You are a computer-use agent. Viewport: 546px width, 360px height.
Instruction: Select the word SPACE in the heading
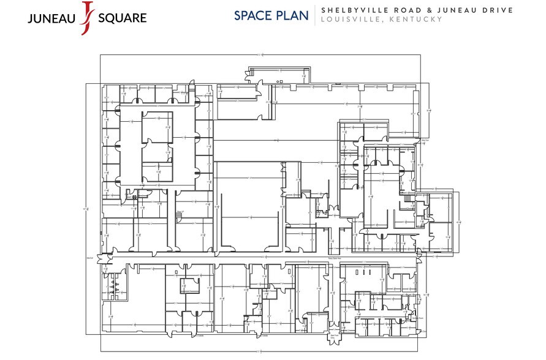click(x=253, y=15)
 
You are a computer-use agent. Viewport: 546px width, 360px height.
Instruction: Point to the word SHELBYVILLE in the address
click(x=353, y=10)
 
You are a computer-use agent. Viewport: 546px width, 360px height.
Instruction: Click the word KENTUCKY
click(x=415, y=20)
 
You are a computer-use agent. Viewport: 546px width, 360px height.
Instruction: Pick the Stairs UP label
click(x=180, y=212)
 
